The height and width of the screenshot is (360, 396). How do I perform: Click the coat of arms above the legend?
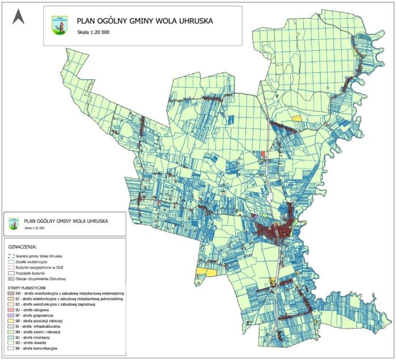14,223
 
